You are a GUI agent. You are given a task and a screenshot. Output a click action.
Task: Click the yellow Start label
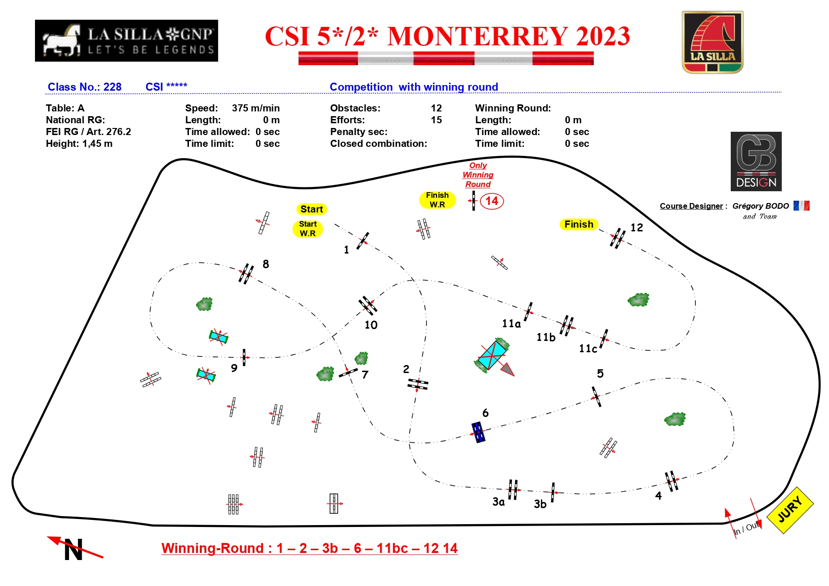click(312, 209)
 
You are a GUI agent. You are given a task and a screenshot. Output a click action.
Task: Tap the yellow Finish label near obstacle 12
click(579, 224)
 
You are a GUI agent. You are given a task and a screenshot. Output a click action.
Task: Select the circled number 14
click(492, 201)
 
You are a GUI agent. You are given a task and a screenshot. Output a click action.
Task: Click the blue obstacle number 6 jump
click(478, 432)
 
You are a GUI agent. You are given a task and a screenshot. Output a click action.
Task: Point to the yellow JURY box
click(790, 510)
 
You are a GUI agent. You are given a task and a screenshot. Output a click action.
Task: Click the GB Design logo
click(756, 161)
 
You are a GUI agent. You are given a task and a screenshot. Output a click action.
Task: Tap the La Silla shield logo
click(713, 42)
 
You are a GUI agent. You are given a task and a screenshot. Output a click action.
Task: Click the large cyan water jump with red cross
click(492, 355)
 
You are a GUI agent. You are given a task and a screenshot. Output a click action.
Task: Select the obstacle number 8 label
click(266, 264)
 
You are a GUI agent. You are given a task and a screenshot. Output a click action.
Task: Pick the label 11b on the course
click(546, 337)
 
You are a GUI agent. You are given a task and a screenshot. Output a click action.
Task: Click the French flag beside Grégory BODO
click(802, 206)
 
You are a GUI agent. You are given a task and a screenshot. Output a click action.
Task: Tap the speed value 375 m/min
click(256, 108)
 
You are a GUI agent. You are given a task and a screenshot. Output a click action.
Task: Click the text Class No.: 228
click(85, 87)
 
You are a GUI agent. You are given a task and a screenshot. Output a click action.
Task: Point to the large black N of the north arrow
click(74, 550)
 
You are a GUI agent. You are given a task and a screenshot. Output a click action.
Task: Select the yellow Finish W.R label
click(437, 200)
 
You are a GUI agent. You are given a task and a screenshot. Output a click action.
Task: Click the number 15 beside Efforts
click(436, 120)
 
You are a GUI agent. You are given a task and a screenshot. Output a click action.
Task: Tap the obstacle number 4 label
click(658, 496)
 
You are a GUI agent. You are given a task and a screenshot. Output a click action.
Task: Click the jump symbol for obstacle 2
click(418, 384)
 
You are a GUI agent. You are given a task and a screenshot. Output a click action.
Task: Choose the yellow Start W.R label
click(308, 229)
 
